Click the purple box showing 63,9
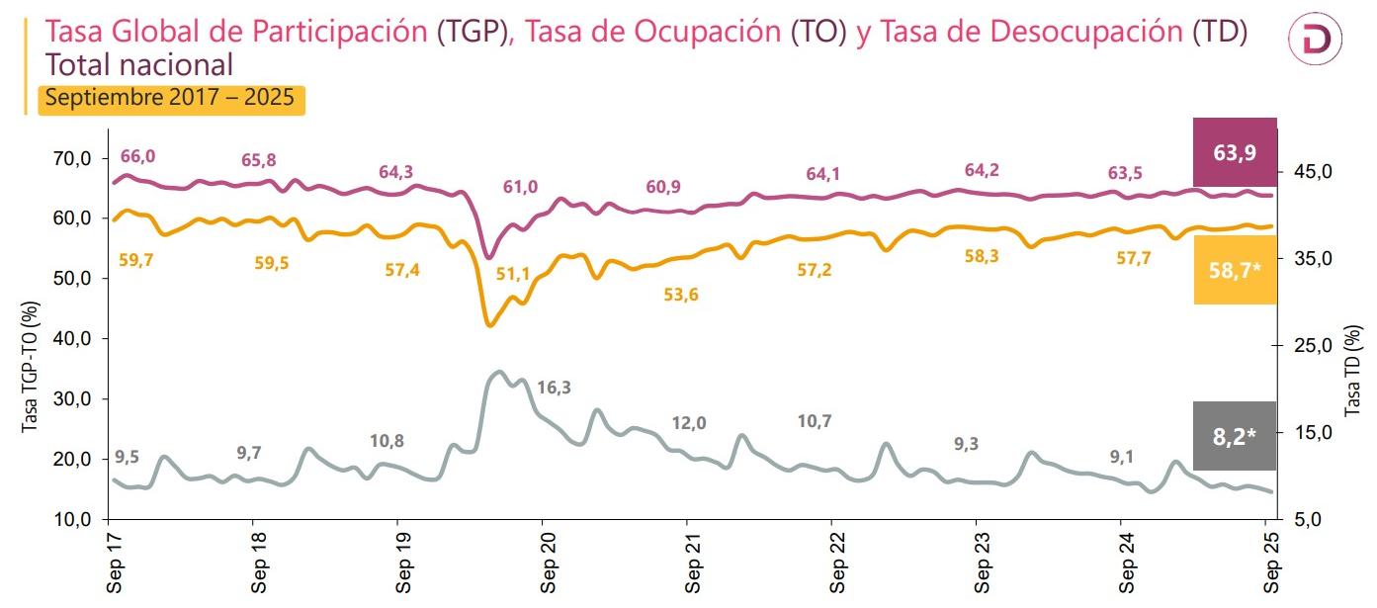tap(1235, 152)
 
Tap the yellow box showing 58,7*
tap(1235, 270)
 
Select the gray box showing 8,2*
tap(1235, 436)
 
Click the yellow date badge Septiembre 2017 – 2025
tap(171, 100)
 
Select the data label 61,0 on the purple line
tap(521, 187)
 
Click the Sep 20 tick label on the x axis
tap(550, 565)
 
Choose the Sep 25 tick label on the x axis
tap(1273, 565)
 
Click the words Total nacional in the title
tap(139, 65)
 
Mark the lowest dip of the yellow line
tap(488, 324)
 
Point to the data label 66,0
tap(137, 156)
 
